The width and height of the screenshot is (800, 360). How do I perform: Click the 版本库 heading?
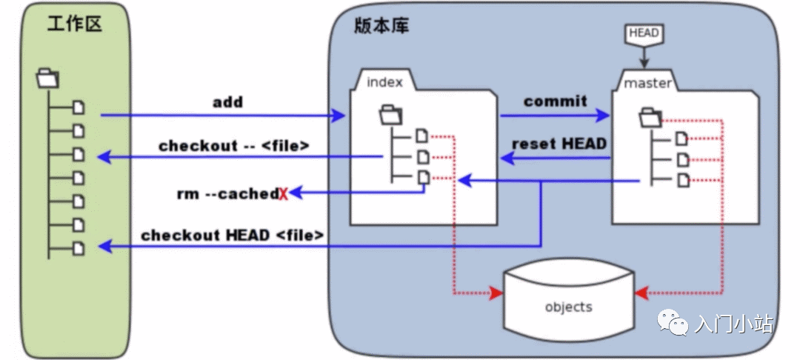381,25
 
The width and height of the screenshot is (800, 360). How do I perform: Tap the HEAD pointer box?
643,34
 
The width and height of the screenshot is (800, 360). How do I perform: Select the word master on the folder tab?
647,83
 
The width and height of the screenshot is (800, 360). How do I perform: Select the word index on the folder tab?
385,82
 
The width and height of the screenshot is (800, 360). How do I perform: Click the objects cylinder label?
568,307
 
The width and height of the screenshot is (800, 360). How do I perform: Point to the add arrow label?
227,102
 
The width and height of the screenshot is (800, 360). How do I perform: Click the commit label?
555,101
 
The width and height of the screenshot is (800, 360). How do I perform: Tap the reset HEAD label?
559,144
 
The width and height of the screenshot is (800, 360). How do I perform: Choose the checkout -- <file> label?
233,145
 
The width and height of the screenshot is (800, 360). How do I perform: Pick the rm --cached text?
227,194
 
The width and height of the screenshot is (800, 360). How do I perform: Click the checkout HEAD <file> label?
233,236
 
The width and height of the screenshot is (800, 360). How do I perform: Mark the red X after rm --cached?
283,195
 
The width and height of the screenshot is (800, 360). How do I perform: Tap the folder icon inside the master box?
650,116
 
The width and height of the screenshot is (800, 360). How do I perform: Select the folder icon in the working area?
47,78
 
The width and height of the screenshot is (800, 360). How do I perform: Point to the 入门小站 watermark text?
733,324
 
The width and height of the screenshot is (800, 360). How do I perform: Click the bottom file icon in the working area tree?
79,248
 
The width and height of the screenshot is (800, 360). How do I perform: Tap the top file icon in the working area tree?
79,107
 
